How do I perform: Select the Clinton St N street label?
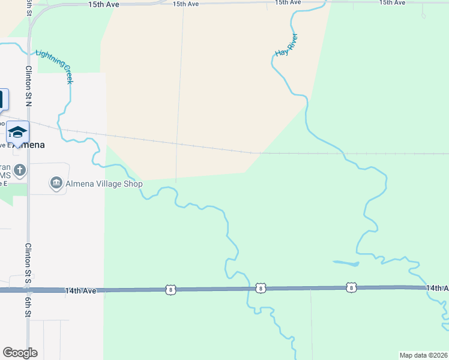click(28, 87)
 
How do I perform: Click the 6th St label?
click(28, 307)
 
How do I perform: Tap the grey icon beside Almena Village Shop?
click(56, 183)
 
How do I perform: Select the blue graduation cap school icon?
click(17, 131)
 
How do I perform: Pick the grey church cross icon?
click(19, 170)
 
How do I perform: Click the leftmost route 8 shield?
click(172, 290)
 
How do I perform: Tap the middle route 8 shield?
click(260, 289)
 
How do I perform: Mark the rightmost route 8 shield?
click(351, 288)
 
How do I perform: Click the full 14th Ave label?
click(80, 291)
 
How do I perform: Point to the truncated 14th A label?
click(437, 289)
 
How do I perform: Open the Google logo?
click(20, 353)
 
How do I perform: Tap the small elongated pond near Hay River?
click(346, 263)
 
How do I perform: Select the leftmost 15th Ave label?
click(104, 4)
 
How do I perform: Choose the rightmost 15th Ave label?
click(392, 3)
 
